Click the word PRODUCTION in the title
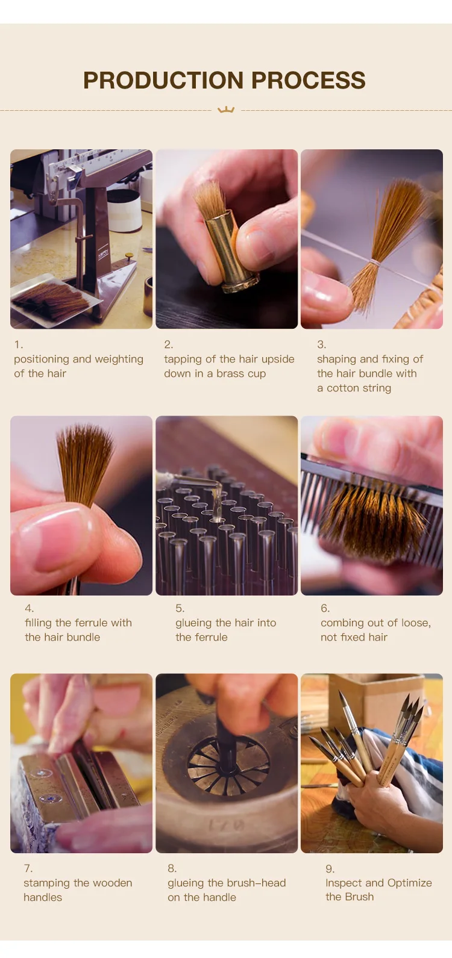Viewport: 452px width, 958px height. [164, 80]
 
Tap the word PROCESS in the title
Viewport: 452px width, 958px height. [308, 80]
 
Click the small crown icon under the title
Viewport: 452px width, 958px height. [226, 110]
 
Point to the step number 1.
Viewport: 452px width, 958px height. [19, 344]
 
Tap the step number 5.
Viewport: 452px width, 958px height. [180, 608]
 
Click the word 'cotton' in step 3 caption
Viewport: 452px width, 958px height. [346, 388]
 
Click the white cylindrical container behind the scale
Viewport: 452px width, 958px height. [124, 210]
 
